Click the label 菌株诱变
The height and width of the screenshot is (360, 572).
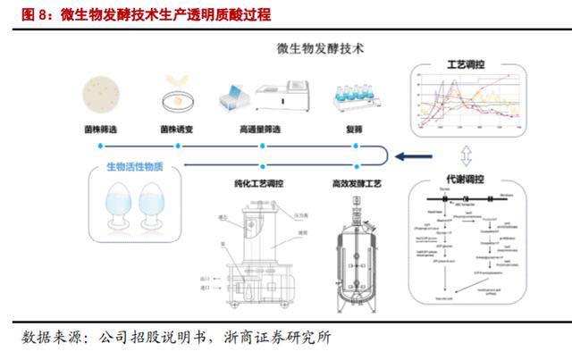[177, 130]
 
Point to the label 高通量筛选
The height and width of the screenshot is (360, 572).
[260, 130]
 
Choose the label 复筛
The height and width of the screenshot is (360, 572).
[352, 130]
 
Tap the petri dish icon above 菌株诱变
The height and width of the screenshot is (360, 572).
[177, 97]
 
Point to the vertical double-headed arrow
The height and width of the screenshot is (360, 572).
[467, 149]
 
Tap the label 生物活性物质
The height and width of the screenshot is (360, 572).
[136, 166]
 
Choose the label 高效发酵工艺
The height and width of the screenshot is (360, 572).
[357, 184]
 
